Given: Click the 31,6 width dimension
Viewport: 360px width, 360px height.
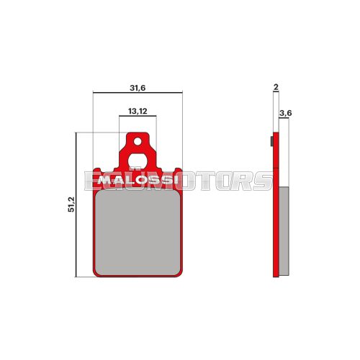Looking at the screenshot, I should click(138, 88).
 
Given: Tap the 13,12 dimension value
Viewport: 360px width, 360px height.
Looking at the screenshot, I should click(138, 112).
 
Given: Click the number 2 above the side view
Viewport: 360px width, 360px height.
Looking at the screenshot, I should click(276, 88).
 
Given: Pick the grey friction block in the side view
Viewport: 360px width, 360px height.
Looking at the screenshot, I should click(284, 230).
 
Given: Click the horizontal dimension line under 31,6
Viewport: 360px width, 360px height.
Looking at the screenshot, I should click(138, 94).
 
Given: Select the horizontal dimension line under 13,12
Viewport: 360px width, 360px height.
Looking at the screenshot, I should click(138, 117).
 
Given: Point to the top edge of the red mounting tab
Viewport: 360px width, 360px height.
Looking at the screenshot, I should click(138, 132).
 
